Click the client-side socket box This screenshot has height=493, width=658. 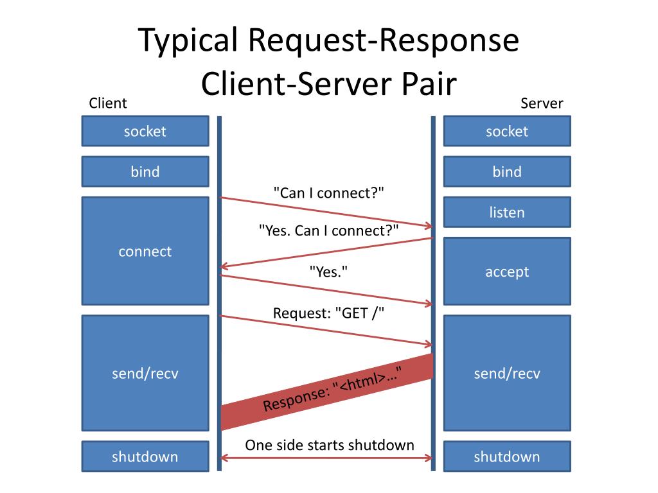[145, 131]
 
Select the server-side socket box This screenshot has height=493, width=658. [507, 131]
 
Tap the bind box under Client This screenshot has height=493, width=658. [145, 171]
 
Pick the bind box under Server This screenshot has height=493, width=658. [507, 171]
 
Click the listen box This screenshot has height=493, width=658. [507, 212]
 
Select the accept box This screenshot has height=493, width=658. [507, 271]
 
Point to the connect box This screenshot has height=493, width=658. [145, 251]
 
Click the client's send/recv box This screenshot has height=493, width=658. [145, 373]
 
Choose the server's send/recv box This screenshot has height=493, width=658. [507, 373]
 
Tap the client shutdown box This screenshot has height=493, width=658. [145, 456]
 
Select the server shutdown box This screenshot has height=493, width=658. [507, 456]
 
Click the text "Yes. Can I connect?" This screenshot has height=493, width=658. [328, 230]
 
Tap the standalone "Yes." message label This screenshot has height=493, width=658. [328, 272]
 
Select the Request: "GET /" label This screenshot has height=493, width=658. [328, 313]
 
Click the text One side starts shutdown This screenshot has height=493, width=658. [330, 445]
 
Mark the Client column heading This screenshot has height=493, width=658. [107, 103]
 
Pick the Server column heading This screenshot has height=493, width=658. [542, 103]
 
